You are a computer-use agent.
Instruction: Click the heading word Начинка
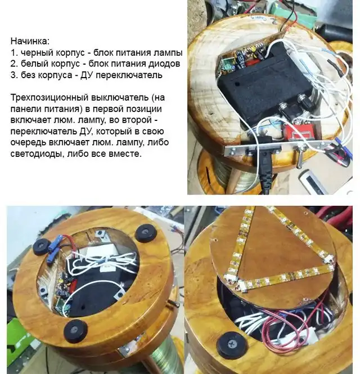(x=30, y=41)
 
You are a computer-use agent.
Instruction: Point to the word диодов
(x=164, y=64)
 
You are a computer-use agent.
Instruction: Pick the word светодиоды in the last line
(x=37, y=154)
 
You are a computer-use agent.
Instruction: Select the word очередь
(x=28, y=142)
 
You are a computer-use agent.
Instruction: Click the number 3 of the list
(x=13, y=75)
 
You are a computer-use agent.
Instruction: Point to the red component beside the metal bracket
(x=298, y=134)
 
